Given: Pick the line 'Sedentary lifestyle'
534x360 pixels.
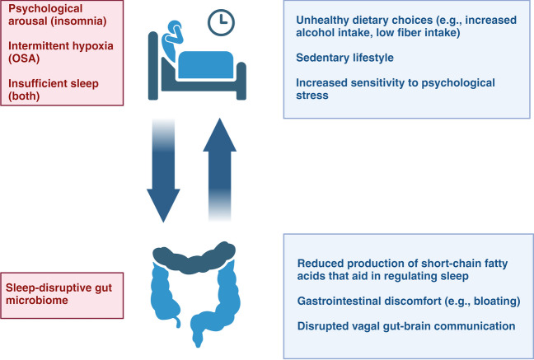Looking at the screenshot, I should coord(344,58).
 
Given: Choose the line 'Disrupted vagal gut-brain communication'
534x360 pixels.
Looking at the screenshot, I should coord(405,326).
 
